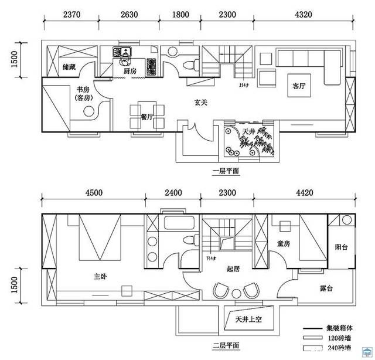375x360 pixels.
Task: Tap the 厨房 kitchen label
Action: pos(130,71)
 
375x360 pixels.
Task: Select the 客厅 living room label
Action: pos(299,86)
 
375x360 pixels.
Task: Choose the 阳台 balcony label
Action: pos(341,247)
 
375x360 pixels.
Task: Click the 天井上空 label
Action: pos(248,320)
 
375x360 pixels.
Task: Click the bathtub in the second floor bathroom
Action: pos(180,223)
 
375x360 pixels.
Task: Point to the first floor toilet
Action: pos(189,64)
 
